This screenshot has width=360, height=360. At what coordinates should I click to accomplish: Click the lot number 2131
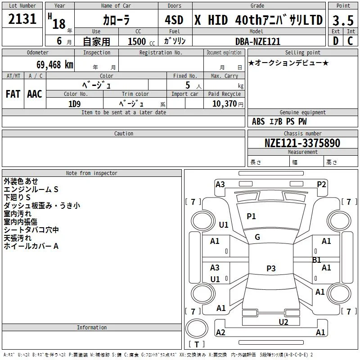click(22, 19)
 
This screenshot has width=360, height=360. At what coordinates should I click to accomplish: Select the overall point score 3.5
click(343, 20)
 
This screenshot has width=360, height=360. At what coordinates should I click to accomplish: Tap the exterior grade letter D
click(336, 41)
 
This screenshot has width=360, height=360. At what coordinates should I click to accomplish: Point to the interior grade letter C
click(350, 41)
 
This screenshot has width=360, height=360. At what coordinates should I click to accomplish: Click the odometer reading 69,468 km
click(54, 64)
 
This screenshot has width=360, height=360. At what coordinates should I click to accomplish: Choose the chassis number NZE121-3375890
click(302, 143)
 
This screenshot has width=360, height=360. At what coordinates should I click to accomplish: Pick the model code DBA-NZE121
click(258, 41)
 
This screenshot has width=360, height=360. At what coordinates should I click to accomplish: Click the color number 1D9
click(74, 104)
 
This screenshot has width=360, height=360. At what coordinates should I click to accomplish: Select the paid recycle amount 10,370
click(224, 104)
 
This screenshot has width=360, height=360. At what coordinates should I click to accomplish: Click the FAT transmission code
click(13, 94)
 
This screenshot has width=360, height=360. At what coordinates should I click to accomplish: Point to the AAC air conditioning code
click(35, 94)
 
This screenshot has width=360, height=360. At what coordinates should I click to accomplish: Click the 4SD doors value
click(174, 20)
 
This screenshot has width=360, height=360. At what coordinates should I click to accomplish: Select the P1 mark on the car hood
click(251, 216)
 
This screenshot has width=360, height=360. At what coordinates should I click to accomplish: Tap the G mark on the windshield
click(257, 237)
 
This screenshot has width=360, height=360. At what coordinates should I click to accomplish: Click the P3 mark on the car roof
click(271, 268)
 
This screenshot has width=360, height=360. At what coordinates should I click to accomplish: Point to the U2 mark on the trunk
click(283, 322)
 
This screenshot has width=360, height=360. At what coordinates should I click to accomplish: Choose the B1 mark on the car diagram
click(317, 260)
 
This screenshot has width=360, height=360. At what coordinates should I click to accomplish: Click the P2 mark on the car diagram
click(321, 184)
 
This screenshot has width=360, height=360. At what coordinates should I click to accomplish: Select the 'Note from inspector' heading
click(92, 173)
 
